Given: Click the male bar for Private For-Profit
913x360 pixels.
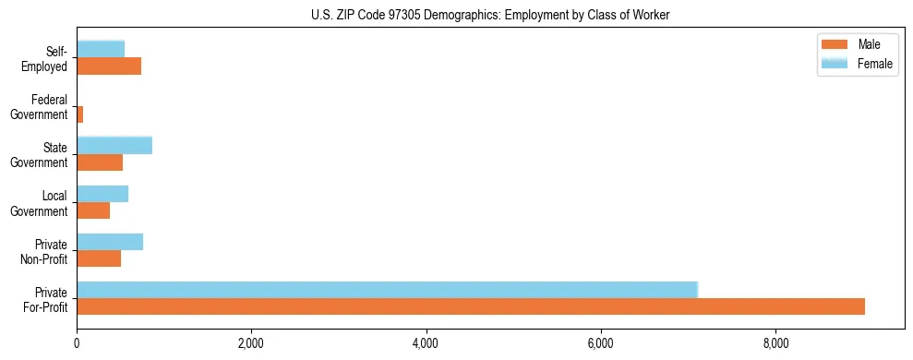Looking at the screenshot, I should tap(471, 306).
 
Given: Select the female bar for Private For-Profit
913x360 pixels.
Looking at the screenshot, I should tap(387, 289).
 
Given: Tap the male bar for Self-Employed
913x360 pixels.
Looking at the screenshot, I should tap(109, 66).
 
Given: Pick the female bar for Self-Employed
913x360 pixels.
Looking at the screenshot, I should tap(101, 49).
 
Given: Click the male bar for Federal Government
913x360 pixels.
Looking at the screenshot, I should tap(80, 114).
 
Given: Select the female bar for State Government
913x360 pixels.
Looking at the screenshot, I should tap(114, 145).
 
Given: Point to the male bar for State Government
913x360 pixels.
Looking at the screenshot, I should tap(100, 162).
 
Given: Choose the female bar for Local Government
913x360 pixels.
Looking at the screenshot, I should tap(102, 193).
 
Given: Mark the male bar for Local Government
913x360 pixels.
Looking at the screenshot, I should tap(93, 210).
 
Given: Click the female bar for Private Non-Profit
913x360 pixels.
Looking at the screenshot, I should tap(110, 242).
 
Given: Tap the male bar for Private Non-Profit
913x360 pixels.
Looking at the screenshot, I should tap(99, 258).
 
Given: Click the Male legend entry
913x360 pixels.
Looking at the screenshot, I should tap(868, 44).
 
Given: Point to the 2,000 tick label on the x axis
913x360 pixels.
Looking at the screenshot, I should tap(251, 344).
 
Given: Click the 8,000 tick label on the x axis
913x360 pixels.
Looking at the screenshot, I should tap(775, 344).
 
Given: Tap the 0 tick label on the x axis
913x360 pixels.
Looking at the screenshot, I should tap(77, 344).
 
